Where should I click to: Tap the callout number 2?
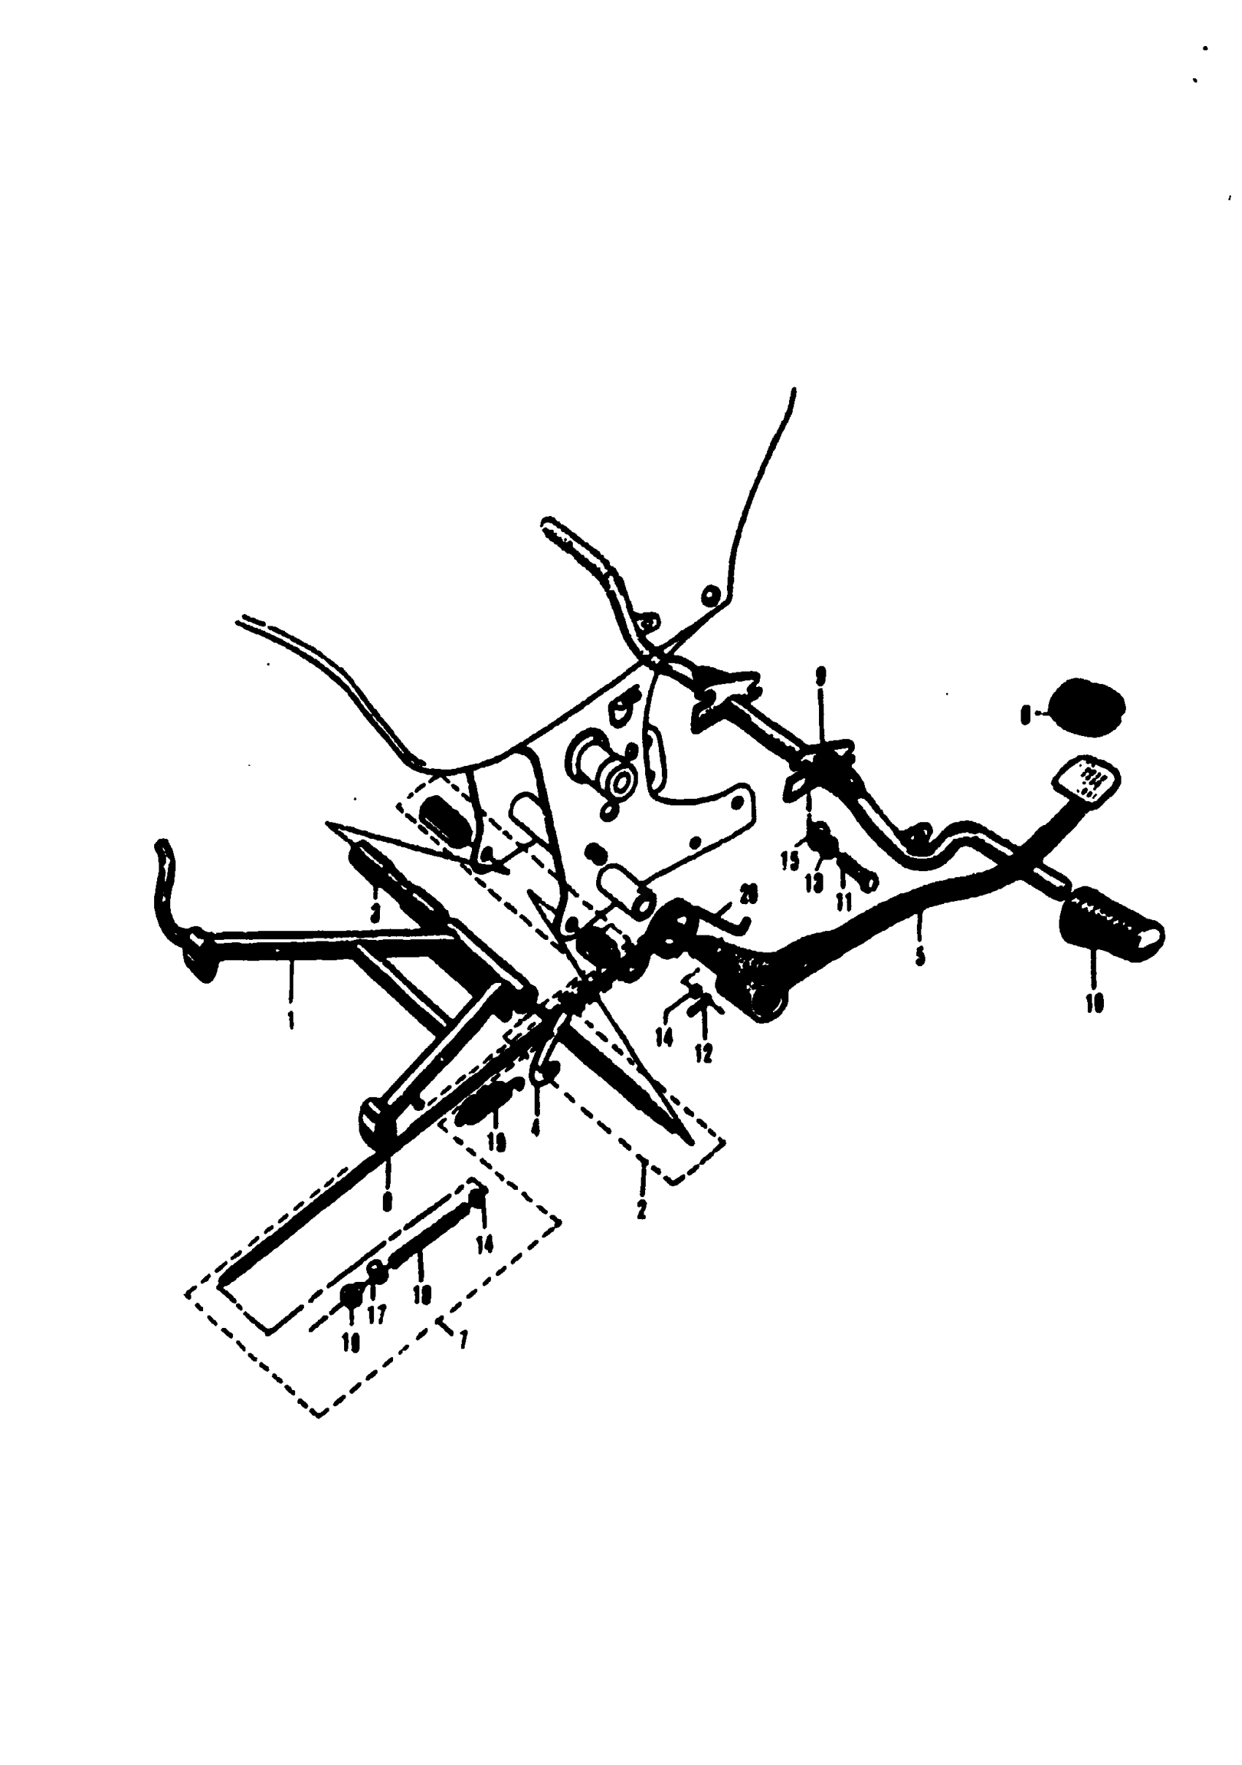coord(641,1210)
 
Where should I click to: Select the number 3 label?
coord(375,914)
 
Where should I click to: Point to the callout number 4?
coord(536,1128)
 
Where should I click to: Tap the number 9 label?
coord(821,677)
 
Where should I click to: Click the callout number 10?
coord(1095,1004)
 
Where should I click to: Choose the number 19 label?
coord(497,1143)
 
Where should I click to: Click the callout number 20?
coord(748,894)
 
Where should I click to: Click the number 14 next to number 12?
coord(664,1037)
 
